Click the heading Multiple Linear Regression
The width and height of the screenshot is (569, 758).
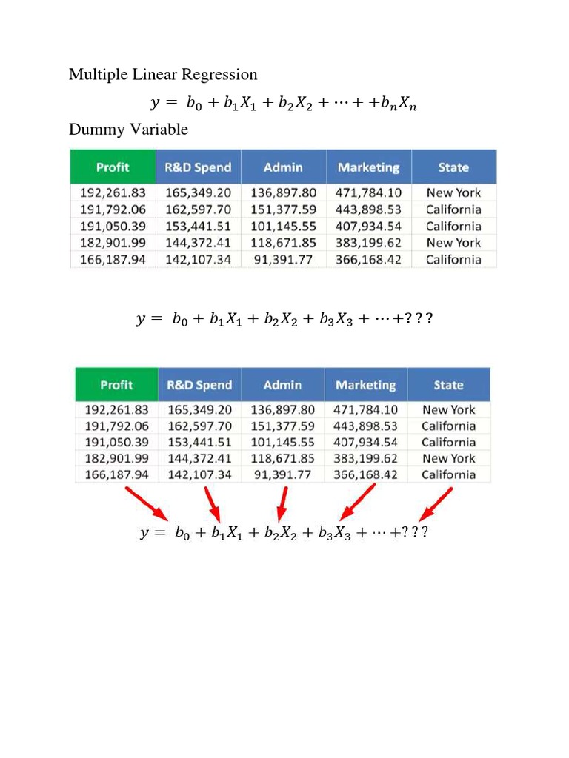(x=163, y=75)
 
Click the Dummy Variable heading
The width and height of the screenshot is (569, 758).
(x=128, y=130)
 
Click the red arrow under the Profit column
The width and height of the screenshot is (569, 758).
(x=150, y=503)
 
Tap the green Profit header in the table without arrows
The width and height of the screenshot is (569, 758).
(x=113, y=167)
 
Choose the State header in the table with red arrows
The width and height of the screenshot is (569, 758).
(x=448, y=385)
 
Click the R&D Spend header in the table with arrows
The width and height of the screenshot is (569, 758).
(x=199, y=385)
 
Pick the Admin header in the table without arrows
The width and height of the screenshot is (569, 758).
(x=283, y=167)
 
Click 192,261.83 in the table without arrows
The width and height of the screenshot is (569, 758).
(x=113, y=193)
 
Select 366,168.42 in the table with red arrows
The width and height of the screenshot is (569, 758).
(x=366, y=474)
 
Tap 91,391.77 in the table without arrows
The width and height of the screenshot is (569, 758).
(x=284, y=260)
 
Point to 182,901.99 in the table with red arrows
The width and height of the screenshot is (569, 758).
(x=116, y=458)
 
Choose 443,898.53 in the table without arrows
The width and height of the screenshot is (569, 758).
(x=368, y=210)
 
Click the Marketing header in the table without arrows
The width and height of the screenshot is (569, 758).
(x=368, y=167)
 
